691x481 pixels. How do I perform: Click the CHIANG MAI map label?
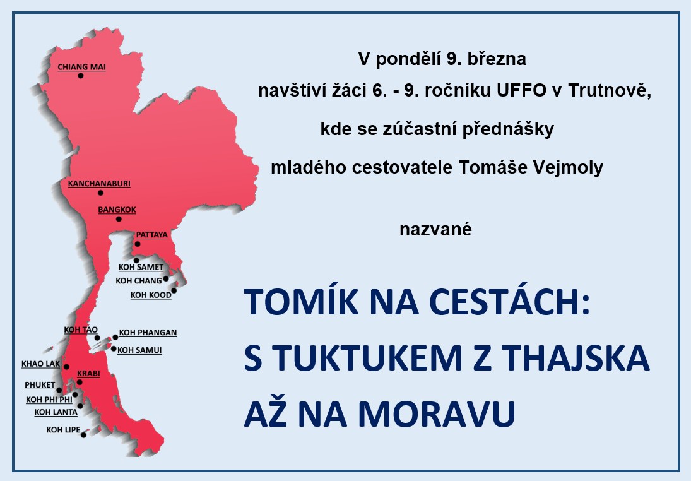[81, 67]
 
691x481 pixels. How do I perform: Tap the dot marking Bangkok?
[119, 218]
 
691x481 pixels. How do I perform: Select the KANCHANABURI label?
[99, 184]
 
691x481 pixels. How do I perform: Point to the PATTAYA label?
[151, 235]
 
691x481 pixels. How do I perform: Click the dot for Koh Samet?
[136, 261]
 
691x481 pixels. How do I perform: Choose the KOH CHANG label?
[139, 281]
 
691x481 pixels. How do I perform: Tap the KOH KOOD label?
[151, 295]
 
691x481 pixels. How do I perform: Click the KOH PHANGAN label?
[148, 333]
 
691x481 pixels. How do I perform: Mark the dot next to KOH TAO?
[97, 338]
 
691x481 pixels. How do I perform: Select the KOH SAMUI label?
[139, 350]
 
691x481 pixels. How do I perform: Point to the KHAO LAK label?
[40, 364]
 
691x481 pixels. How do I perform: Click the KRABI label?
[88, 374]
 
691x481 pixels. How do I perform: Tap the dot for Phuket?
[59, 390]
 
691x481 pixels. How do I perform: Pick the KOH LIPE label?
[64, 430]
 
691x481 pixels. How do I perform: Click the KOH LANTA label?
[56, 412]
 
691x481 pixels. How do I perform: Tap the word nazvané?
[436, 230]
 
